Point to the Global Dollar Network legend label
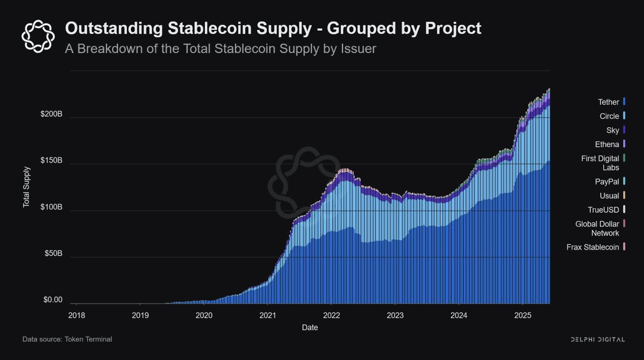(597, 229)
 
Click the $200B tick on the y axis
(51, 114)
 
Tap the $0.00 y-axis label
(53, 300)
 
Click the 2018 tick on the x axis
(76, 315)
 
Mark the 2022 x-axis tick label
(332, 315)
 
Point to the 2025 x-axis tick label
(523, 315)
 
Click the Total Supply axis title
(27, 187)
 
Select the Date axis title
(310, 327)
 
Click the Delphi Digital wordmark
(597, 339)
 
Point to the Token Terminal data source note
(67, 339)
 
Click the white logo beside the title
(38, 36)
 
